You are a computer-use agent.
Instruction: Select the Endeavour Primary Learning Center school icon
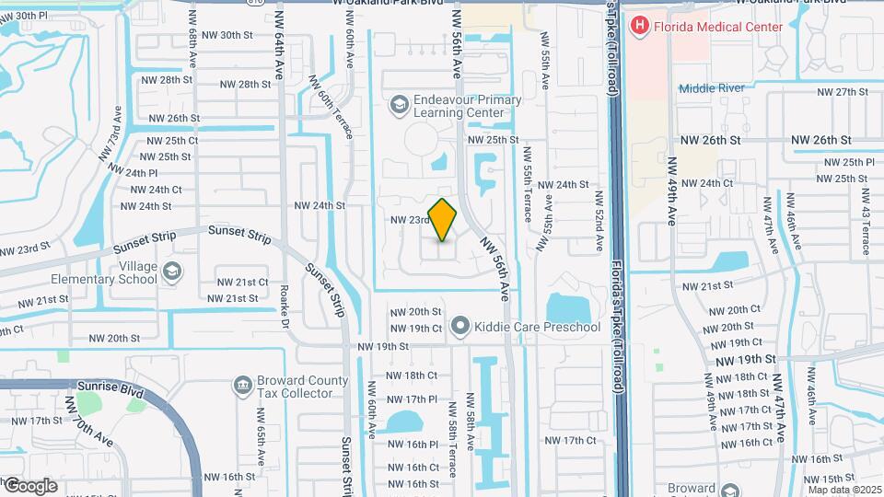399,106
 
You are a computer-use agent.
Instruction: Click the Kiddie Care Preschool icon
460,327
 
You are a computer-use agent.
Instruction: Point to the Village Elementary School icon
171,272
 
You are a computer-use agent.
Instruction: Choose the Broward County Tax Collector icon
242,384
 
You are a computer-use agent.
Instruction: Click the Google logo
30,485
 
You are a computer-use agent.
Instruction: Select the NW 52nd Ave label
599,221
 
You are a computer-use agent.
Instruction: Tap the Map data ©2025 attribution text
844,490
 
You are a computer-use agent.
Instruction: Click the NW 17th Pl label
412,399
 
